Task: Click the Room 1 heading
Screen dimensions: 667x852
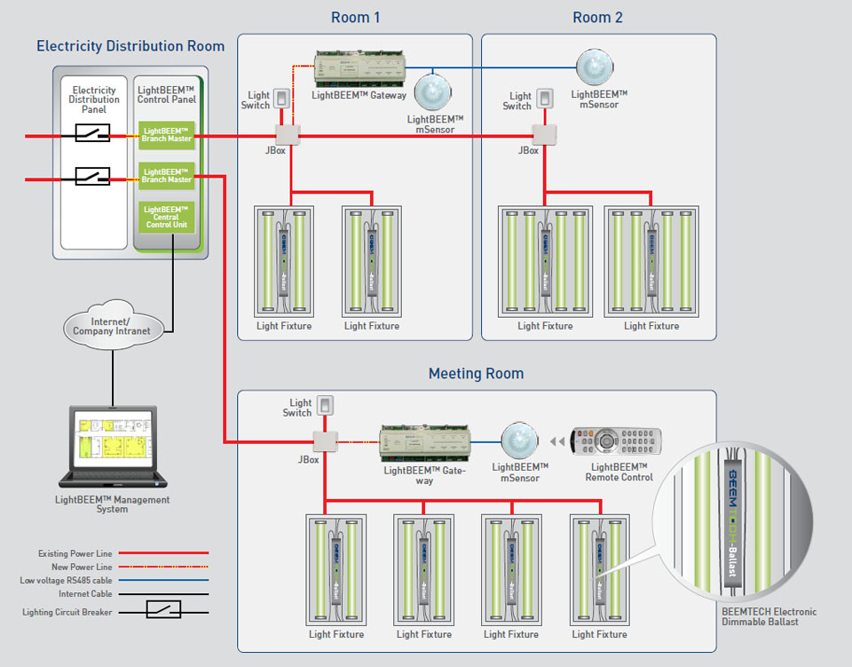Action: (356, 18)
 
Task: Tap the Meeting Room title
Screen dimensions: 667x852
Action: (476, 374)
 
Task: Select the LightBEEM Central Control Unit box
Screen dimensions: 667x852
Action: (166, 217)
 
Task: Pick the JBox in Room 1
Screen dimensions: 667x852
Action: (288, 135)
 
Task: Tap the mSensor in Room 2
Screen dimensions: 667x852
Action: (594, 67)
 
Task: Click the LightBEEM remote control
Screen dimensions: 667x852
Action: (617, 441)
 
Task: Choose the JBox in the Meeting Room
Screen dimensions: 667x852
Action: (326, 441)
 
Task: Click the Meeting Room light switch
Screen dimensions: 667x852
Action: (325, 405)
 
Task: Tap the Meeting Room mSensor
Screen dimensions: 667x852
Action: (519, 441)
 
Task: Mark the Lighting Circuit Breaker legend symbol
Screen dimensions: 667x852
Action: (163, 610)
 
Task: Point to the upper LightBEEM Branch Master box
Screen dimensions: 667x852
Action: (166, 135)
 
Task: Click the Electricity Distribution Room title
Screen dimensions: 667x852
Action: (130, 46)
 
